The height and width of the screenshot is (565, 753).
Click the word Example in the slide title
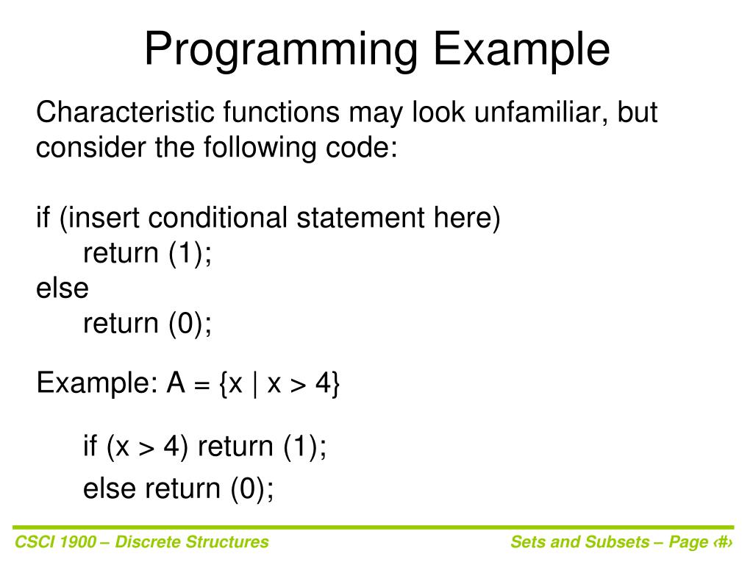(x=522, y=50)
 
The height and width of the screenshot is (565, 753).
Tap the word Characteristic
(x=125, y=112)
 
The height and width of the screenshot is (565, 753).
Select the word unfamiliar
(x=541, y=112)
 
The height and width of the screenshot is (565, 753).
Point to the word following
(x=260, y=147)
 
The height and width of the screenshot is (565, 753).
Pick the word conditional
(x=218, y=217)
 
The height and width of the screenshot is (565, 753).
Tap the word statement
(x=360, y=218)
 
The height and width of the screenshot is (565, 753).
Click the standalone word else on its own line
(x=63, y=288)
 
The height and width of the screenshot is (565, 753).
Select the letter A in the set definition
(x=176, y=383)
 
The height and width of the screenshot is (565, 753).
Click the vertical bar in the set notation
(x=255, y=384)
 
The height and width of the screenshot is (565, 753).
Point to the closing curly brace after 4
(x=335, y=384)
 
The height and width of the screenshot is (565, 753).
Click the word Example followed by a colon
(x=97, y=383)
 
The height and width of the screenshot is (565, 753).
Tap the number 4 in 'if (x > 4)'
(x=171, y=446)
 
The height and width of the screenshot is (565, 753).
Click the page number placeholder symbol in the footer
(x=723, y=542)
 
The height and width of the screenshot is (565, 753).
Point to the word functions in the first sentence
(x=281, y=112)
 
